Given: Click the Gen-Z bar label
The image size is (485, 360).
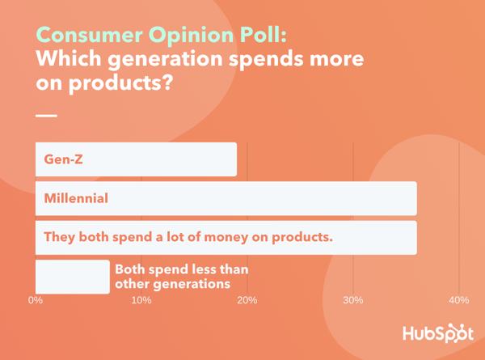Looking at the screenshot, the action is (63, 159).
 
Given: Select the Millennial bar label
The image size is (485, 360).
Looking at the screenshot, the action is (76, 198).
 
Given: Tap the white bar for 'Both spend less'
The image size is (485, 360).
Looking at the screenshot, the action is (73, 277).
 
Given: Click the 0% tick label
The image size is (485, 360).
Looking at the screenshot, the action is (36, 300).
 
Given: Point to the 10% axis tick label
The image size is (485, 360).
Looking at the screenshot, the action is (141, 300).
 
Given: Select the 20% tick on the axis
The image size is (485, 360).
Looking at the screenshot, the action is (247, 300).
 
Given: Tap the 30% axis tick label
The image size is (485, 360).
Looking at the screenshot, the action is (353, 300).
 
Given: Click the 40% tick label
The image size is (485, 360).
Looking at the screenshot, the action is (459, 300).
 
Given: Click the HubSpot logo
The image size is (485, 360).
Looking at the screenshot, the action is (438, 333).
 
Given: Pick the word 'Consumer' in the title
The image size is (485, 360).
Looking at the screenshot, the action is (90, 35).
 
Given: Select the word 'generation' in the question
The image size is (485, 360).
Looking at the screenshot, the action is (165, 59).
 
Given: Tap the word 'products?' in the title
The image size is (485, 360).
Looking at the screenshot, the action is (120, 83).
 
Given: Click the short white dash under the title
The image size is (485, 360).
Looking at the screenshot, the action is (46, 116).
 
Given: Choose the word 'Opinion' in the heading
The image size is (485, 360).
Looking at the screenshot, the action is (191, 36).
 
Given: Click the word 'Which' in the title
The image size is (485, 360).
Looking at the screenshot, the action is (69, 58).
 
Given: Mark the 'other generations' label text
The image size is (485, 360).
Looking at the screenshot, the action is (173, 284).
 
